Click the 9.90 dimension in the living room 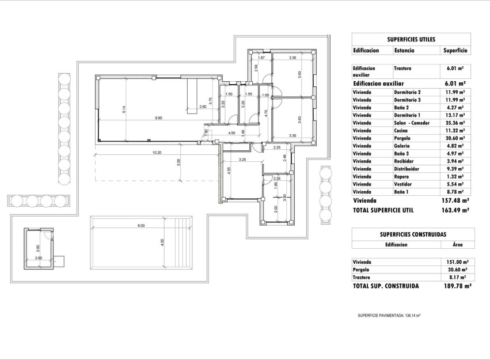158,118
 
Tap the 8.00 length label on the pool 141,225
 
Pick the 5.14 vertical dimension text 123,109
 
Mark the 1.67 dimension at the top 261,58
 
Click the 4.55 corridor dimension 232,134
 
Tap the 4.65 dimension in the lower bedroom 229,170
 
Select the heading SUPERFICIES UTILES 411,39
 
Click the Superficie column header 455,51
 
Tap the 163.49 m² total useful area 451,211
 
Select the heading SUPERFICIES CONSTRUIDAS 413,234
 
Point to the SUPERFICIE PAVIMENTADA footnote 389,316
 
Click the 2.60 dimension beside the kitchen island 203,107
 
